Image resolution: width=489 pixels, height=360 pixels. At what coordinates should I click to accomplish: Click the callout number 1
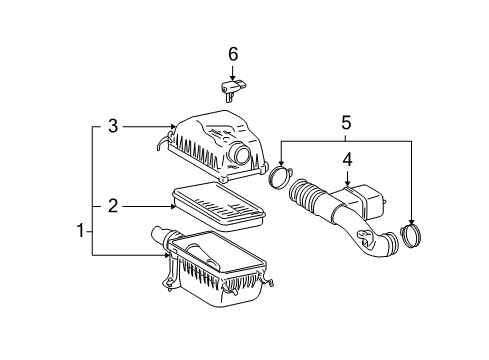(x=81, y=231)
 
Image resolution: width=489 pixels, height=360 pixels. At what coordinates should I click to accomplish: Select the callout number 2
(x=113, y=206)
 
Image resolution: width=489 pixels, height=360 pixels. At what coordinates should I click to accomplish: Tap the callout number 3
(x=113, y=127)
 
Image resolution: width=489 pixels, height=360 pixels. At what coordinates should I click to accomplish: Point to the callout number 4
(x=347, y=159)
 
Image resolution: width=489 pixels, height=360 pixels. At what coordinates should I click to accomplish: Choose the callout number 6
(x=233, y=53)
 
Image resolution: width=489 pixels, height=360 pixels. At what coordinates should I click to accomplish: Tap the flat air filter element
(x=221, y=204)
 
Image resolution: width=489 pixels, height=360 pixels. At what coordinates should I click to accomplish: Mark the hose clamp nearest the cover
(x=279, y=180)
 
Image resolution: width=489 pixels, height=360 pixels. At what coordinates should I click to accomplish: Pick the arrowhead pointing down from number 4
(x=347, y=183)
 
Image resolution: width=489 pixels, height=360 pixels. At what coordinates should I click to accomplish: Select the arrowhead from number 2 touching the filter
(x=175, y=206)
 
